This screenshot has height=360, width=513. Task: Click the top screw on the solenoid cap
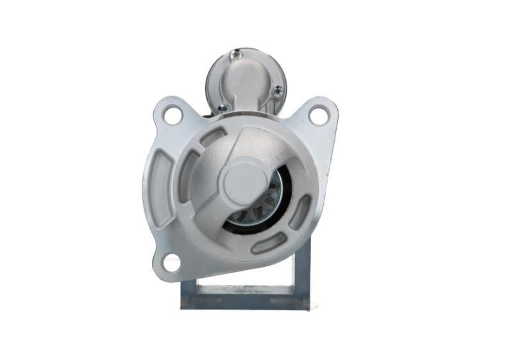(237, 55)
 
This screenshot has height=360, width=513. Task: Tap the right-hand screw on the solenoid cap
(277, 91)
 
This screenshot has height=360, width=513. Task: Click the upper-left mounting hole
(172, 116)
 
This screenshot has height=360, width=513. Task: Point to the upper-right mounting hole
(318, 116)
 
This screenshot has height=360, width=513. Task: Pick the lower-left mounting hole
(171, 262)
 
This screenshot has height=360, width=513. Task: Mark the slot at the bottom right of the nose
(269, 243)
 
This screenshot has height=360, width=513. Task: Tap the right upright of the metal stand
(302, 270)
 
